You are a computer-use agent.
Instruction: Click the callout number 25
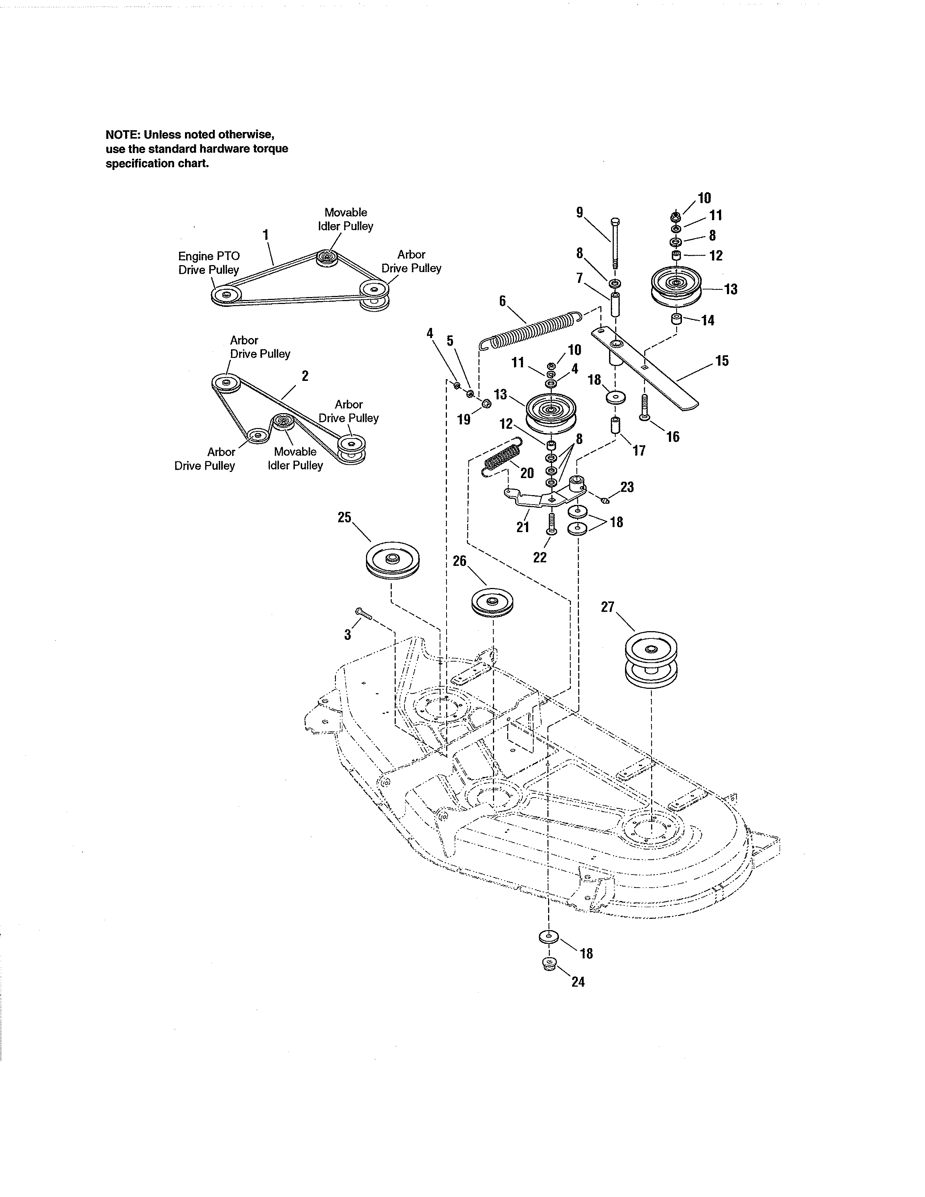(x=344, y=517)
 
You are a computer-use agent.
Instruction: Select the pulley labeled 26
(x=492, y=604)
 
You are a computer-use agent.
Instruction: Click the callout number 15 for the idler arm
(x=722, y=361)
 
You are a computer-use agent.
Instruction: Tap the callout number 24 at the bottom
(x=577, y=982)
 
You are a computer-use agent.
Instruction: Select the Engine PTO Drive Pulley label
(x=209, y=263)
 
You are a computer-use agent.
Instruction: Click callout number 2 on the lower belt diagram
(x=305, y=376)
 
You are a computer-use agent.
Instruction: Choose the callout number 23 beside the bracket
(x=627, y=487)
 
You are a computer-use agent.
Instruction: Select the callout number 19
(x=464, y=419)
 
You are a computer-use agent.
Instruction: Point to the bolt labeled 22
(x=552, y=524)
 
